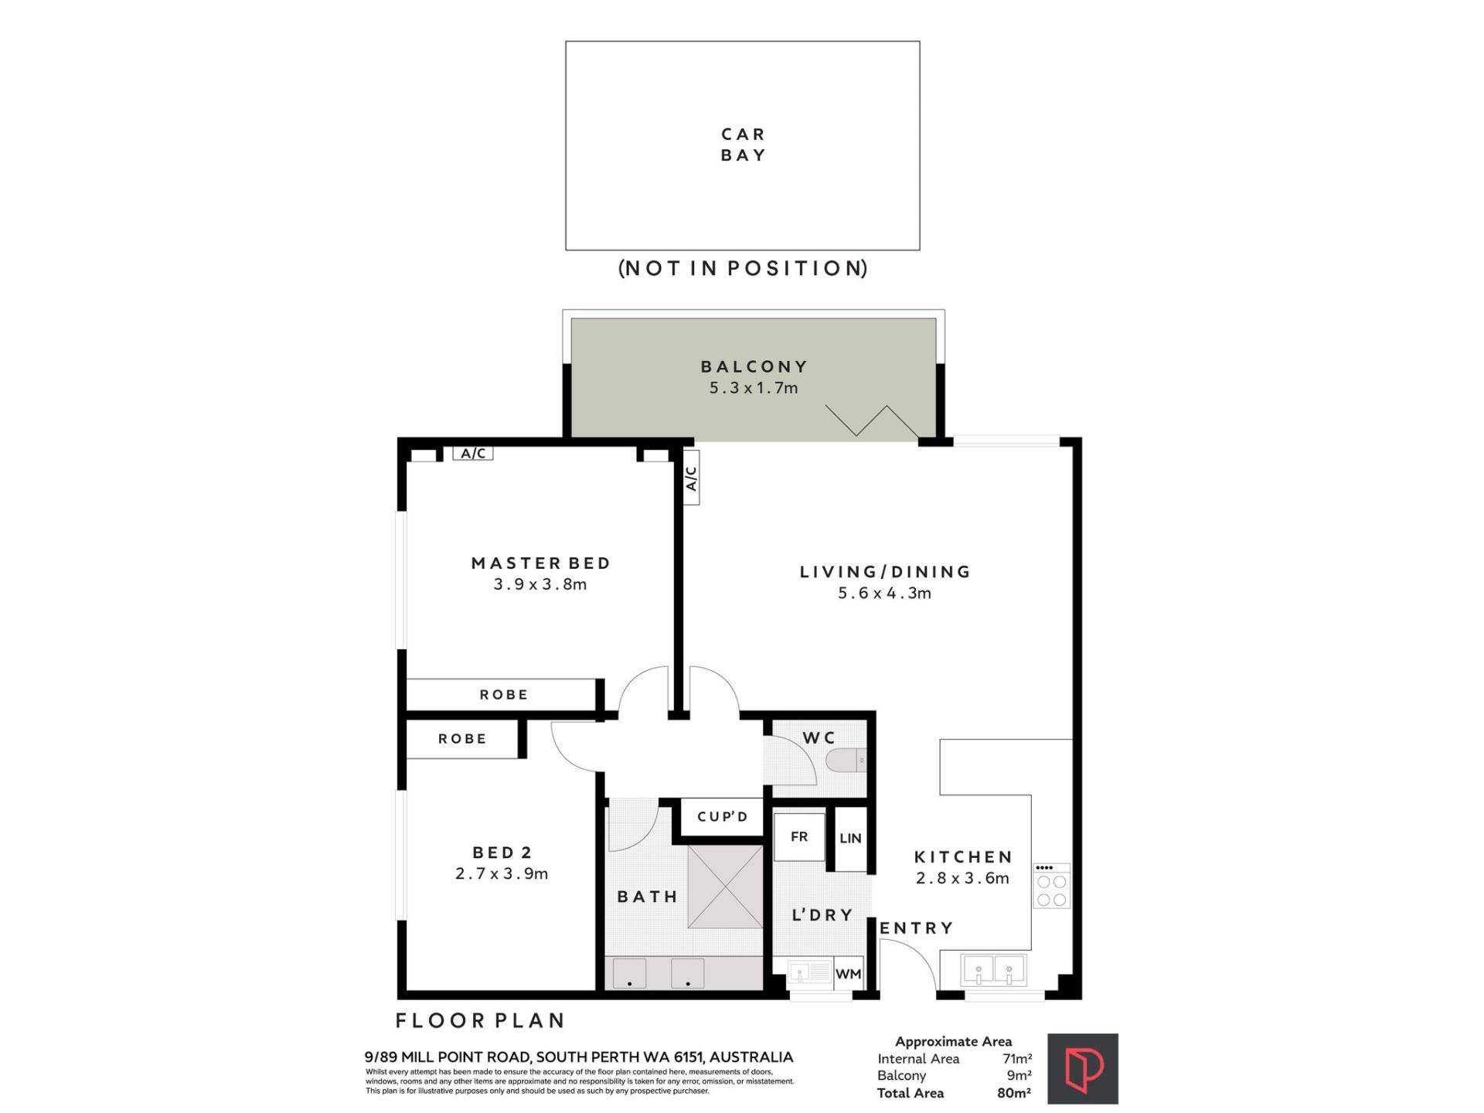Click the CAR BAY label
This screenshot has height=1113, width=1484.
(x=743, y=145)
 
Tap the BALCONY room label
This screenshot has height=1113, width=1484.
(x=754, y=366)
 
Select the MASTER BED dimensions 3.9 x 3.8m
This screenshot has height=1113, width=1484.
(x=540, y=584)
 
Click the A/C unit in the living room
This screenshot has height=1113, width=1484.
(x=692, y=478)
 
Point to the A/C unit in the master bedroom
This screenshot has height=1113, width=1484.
(x=473, y=453)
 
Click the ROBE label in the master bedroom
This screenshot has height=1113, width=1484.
(x=504, y=695)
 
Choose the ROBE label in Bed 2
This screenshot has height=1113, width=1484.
(x=462, y=739)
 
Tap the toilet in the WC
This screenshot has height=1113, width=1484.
(x=846, y=761)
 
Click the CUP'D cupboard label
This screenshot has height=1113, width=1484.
(x=723, y=817)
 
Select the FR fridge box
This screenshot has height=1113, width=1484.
(x=799, y=836)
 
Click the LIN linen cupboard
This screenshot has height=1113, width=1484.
(x=850, y=839)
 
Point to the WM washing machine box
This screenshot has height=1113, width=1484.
(x=848, y=974)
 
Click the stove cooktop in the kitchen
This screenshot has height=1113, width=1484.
(x=1052, y=886)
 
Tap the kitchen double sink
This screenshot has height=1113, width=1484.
(x=993, y=970)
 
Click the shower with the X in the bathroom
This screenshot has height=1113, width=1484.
(x=725, y=887)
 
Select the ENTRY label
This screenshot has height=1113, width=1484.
(x=916, y=928)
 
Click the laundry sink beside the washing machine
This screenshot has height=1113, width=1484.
(x=808, y=972)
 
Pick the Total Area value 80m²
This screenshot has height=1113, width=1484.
(x=1014, y=1093)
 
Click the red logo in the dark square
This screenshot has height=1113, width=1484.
(x=1083, y=1069)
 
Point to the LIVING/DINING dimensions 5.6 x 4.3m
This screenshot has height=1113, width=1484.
(x=885, y=594)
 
